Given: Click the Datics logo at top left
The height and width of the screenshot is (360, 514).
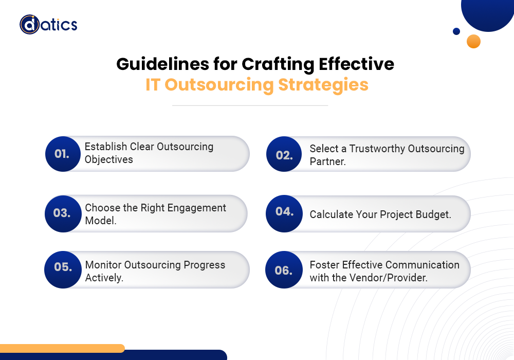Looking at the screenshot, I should tap(48, 24).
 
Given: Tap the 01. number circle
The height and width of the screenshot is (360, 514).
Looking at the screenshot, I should tap(63, 153).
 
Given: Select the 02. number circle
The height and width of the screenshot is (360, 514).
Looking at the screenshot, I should tap(284, 154).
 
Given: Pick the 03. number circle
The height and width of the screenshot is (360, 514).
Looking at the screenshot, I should tap(63, 213).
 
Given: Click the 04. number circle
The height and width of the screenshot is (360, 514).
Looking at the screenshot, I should tap(284, 212).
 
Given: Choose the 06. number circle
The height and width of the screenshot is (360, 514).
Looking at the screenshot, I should tap(284, 269).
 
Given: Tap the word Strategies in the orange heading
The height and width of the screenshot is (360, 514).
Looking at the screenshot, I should tap(323, 84).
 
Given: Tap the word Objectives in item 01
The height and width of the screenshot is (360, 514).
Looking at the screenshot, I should tap(108, 160).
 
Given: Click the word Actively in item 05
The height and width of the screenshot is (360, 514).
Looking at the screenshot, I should tap(104, 278).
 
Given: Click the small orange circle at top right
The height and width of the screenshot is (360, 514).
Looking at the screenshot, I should tap(473, 41).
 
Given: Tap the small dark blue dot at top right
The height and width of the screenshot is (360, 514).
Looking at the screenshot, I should tap(456, 31).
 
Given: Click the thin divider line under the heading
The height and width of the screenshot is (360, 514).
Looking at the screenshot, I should tap(250, 105).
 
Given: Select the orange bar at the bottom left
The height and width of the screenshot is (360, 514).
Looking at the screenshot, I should tap(62, 348).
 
